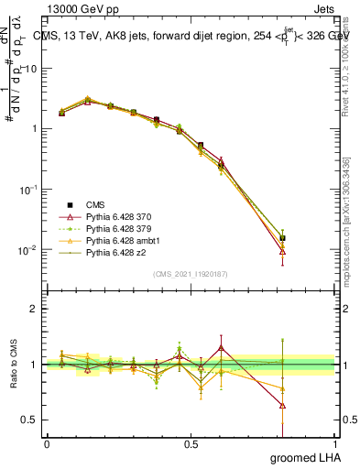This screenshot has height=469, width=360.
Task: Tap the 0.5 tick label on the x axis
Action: pos(191,442)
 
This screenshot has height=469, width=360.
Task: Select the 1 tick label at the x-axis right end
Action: pos(335,442)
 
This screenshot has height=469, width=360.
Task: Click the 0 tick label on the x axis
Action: pos(47,442)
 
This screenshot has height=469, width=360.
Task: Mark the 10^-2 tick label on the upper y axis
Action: pos(28,249)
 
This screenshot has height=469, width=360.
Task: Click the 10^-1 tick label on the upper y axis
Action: pos(28,189)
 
